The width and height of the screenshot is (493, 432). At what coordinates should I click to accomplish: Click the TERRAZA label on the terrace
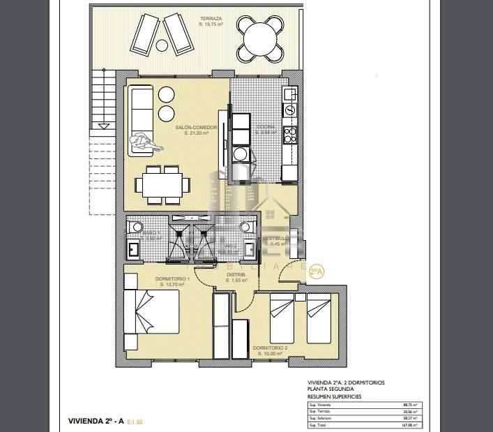coord(211,18)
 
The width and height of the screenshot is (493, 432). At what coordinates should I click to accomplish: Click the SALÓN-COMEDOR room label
coord(196,128)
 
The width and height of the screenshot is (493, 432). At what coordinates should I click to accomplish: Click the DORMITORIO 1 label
coord(171,278)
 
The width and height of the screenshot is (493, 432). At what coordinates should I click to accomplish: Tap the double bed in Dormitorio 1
coord(152,311)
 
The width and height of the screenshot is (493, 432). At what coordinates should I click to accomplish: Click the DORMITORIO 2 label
coord(270,348)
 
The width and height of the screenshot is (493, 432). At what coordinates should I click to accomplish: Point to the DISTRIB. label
coord(235,274)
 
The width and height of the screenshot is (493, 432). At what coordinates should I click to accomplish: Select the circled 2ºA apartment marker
coord(317,271)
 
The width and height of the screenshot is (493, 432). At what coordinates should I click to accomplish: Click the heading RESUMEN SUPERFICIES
coord(334,396)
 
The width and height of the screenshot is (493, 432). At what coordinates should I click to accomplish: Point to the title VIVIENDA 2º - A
coord(96,421)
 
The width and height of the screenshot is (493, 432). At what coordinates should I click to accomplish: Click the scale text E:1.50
coord(135,422)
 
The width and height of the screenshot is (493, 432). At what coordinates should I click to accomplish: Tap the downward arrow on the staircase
coord(103,126)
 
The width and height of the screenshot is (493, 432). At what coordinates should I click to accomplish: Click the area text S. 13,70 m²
coord(171,285)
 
